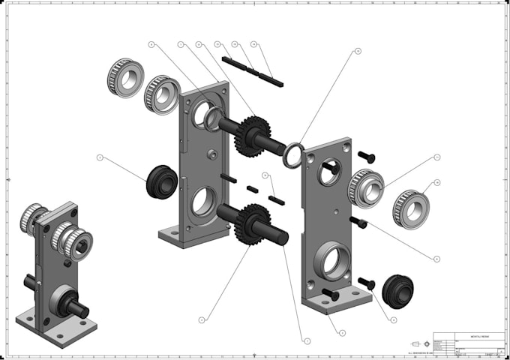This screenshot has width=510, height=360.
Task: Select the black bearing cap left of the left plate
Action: (x=161, y=182)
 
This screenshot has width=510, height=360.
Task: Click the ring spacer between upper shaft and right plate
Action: (x=293, y=155)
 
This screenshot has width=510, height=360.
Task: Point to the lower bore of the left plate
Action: (x=202, y=202)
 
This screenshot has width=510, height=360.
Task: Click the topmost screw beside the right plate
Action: (x=366, y=156)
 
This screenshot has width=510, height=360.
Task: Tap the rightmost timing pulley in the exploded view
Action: (x=410, y=208)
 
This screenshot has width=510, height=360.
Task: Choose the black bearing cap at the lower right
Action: (x=397, y=290)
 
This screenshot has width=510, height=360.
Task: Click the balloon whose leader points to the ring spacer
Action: (x=358, y=52)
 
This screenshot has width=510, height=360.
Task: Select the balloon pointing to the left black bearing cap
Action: (x=100, y=157)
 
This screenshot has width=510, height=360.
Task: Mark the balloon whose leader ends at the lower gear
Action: (x=202, y=319)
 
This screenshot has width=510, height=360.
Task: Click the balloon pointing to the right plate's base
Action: (x=343, y=332)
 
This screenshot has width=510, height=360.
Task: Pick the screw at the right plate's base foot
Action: (x=330, y=295)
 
